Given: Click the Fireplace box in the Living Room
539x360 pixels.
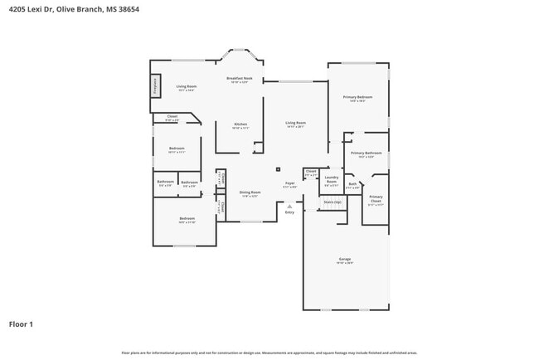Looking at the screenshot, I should pyautogui.click(x=154, y=85).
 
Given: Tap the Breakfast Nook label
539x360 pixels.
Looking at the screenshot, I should pyautogui.click(x=240, y=78).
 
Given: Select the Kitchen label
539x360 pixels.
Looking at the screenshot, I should pyautogui.click(x=240, y=124).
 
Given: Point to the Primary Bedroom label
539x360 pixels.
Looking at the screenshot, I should pyautogui.click(x=357, y=97).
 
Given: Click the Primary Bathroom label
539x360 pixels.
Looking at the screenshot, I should pyautogui.click(x=366, y=153).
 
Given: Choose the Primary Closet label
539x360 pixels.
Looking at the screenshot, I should pyautogui.click(x=376, y=198).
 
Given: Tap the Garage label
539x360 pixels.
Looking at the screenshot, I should pyautogui.click(x=344, y=260).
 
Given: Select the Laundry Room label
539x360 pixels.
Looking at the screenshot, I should pyautogui.click(x=331, y=178).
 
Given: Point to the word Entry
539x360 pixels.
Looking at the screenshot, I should pyautogui.click(x=289, y=213).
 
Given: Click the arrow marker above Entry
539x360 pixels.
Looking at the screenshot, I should pyautogui.click(x=289, y=206).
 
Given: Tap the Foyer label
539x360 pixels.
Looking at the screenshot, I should pyautogui.click(x=289, y=183).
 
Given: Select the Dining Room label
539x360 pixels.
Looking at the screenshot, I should pyautogui.click(x=250, y=192).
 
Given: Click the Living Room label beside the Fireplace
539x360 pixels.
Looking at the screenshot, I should pyautogui.click(x=186, y=86).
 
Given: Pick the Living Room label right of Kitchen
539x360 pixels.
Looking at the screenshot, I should pyautogui.click(x=295, y=123).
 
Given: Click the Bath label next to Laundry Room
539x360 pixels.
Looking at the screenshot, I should pyautogui.click(x=352, y=184).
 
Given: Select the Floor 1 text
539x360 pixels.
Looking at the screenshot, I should pyautogui.click(x=21, y=324).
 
